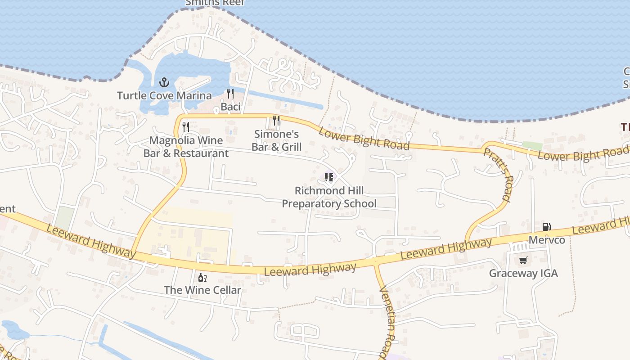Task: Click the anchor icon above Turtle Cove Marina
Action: (x=164, y=82)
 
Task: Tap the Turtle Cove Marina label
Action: (x=164, y=95)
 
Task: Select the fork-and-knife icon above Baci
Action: (x=230, y=94)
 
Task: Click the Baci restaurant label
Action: (x=230, y=107)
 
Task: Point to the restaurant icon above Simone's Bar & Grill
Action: (x=276, y=121)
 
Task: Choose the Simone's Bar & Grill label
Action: (x=276, y=140)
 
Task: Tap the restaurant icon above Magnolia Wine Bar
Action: (x=186, y=127)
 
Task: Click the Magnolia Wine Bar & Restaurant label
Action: (x=186, y=147)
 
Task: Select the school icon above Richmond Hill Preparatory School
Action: (x=329, y=177)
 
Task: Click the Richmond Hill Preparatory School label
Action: (x=329, y=197)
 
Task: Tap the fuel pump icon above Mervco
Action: (x=546, y=227)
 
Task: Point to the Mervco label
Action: (x=546, y=240)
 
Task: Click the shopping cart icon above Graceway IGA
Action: (x=523, y=260)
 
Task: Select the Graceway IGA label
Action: (x=523, y=273)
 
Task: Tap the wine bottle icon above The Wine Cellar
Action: (x=202, y=277)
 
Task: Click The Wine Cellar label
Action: (x=202, y=290)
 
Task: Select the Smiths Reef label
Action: (x=215, y=3)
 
